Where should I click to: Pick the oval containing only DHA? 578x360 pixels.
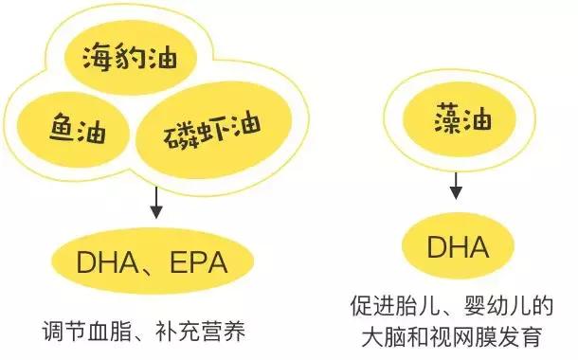pos(458,249)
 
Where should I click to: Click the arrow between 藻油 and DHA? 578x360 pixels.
pos(457,184)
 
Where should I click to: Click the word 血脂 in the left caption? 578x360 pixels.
pos(107,333)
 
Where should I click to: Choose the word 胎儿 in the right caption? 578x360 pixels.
pos(411,308)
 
